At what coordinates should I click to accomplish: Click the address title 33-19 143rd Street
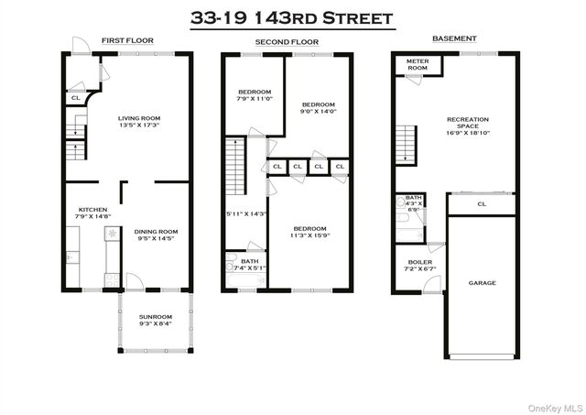pyautogui.click(x=292, y=17)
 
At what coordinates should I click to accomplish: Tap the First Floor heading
pyautogui.click(x=127, y=40)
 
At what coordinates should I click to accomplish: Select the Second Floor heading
pyautogui.click(x=287, y=43)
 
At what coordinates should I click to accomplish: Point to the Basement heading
pyautogui.click(x=454, y=38)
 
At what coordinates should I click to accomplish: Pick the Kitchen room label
pyautogui.click(x=93, y=210)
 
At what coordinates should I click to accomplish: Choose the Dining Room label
pyautogui.click(x=156, y=232)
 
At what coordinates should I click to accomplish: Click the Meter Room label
pyautogui.click(x=418, y=64)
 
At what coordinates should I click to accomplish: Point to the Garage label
pyautogui.click(x=483, y=282)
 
